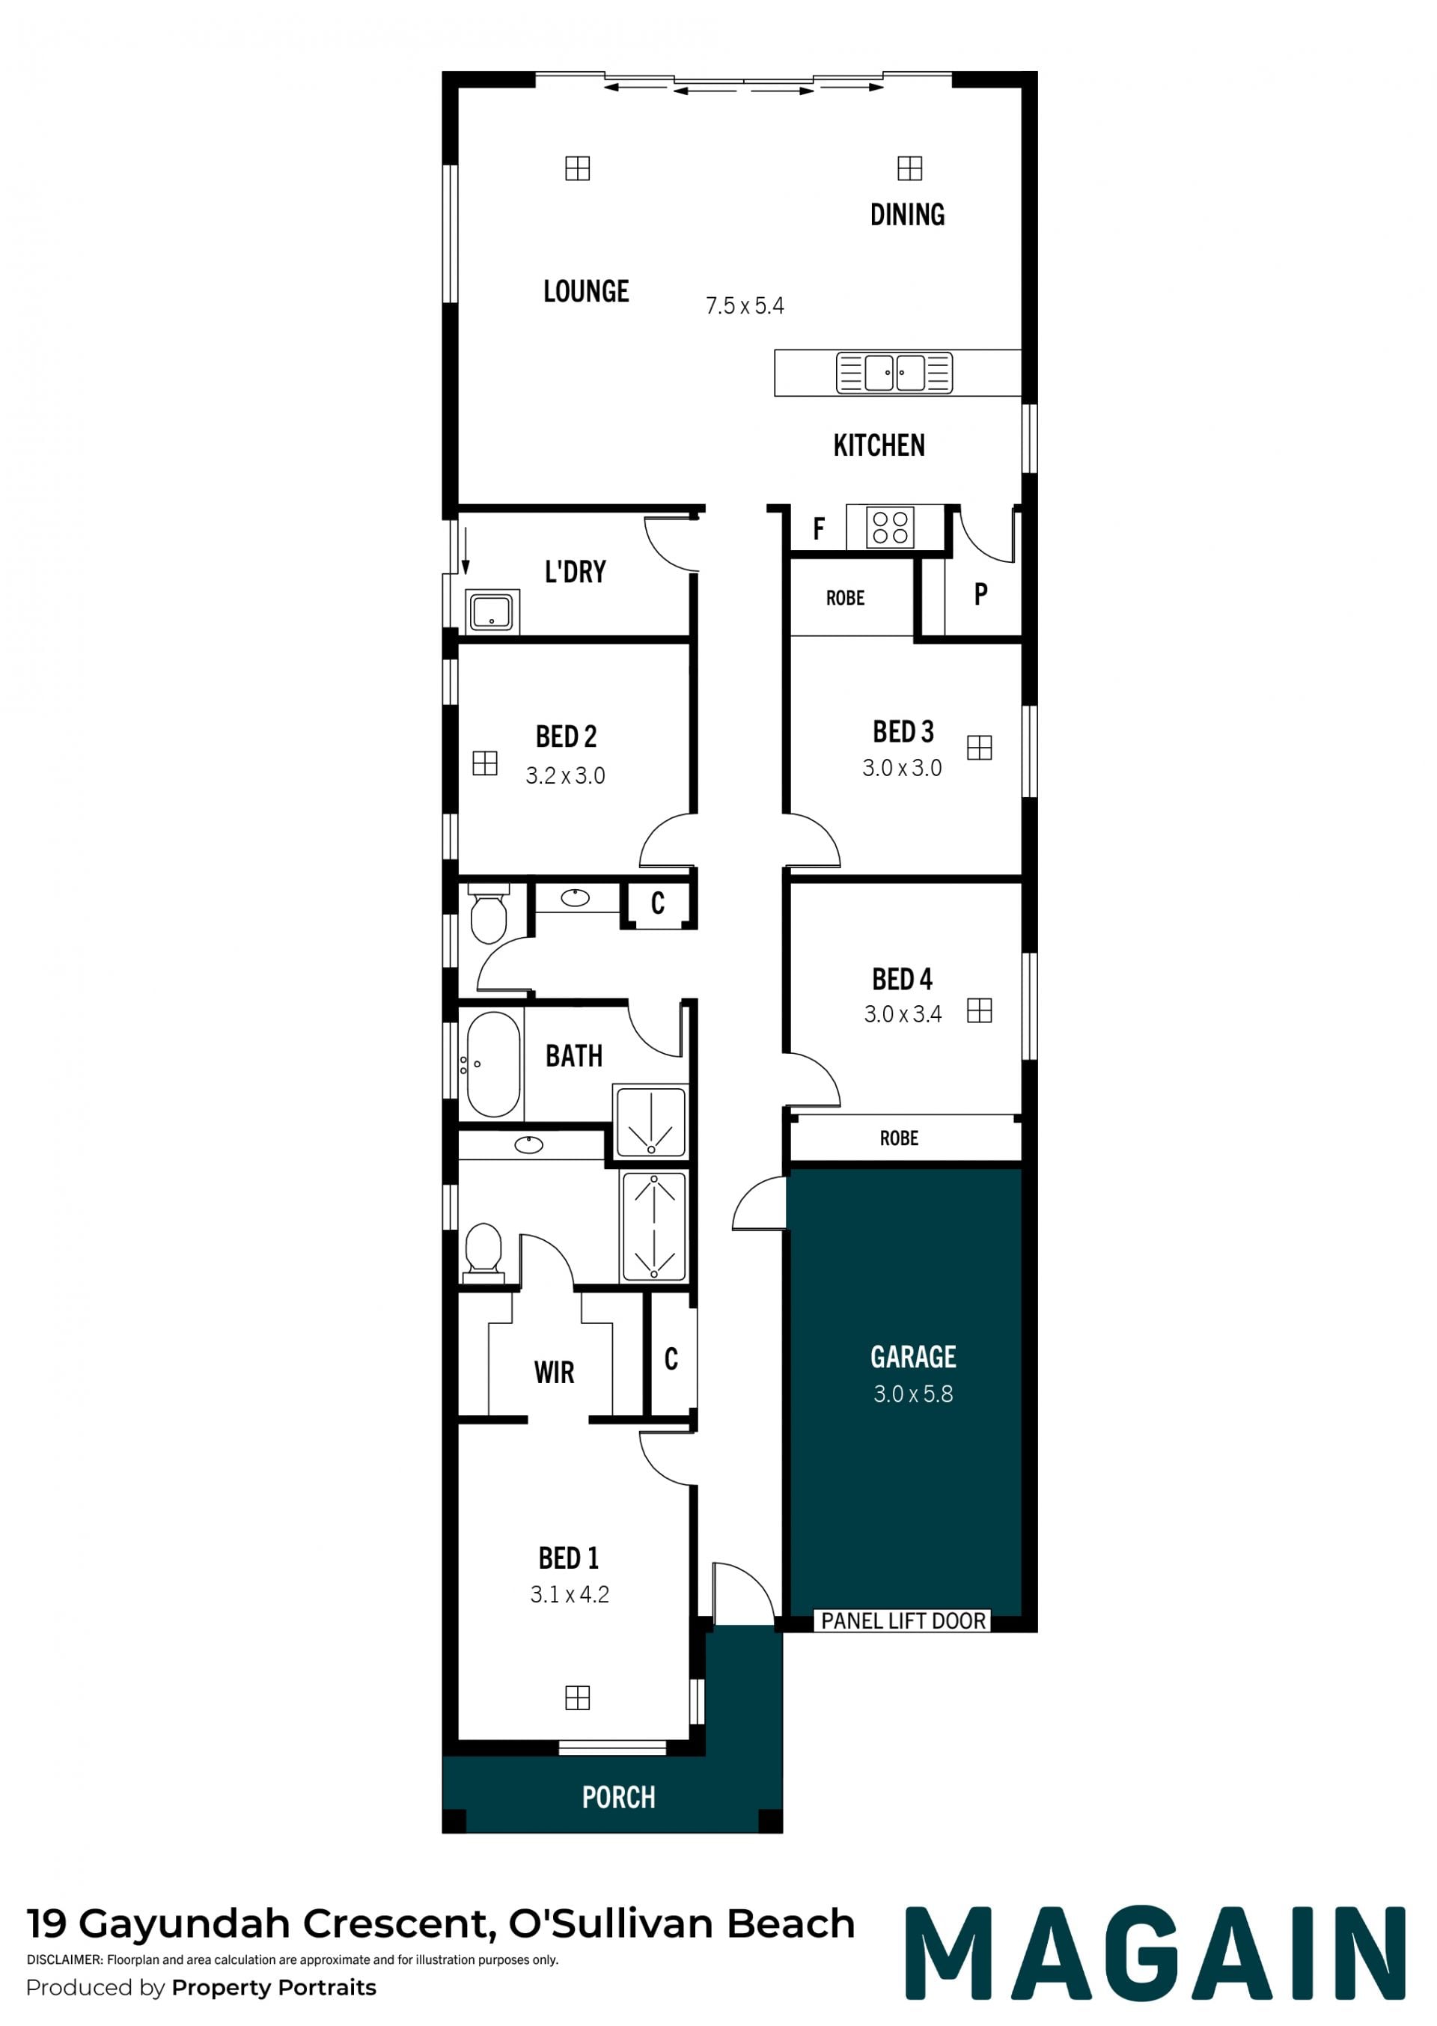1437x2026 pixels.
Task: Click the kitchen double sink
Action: click(x=894, y=373)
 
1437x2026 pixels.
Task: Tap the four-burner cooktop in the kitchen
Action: click(x=890, y=528)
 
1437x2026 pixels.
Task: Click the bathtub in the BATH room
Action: click(x=493, y=1064)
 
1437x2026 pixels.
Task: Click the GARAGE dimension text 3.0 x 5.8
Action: click(x=913, y=1394)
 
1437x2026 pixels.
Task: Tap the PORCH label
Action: click(x=618, y=1797)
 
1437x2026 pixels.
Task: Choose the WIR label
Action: click(x=554, y=1372)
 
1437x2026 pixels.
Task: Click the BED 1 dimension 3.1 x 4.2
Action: click(x=570, y=1594)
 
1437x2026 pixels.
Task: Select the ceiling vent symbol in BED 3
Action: click(x=980, y=748)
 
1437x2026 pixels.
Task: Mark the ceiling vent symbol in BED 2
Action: click(x=485, y=763)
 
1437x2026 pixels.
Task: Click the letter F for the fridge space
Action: click(x=819, y=529)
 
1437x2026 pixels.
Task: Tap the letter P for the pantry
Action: click(x=980, y=594)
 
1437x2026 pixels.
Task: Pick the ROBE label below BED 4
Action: click(x=899, y=1138)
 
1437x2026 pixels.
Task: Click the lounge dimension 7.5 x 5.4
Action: click(x=744, y=306)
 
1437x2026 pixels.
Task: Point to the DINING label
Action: click(x=907, y=214)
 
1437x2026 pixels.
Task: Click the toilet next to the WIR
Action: click(x=483, y=1253)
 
